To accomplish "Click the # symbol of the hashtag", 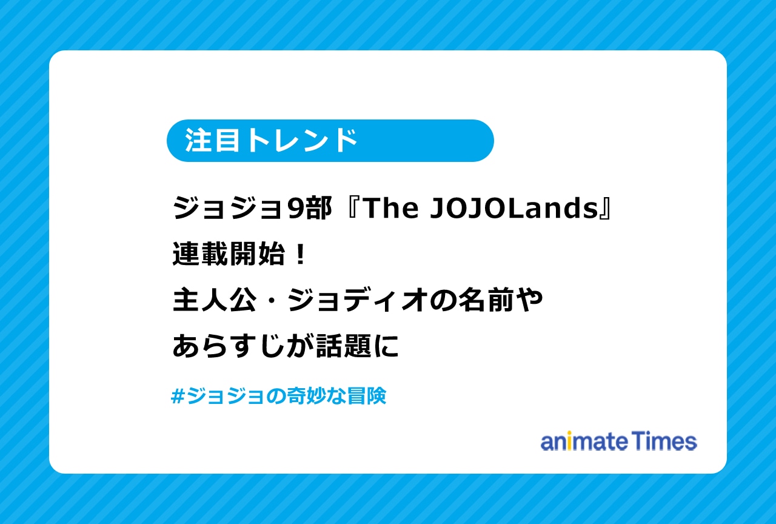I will coord(178,397).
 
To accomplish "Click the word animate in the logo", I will coord(583,442).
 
